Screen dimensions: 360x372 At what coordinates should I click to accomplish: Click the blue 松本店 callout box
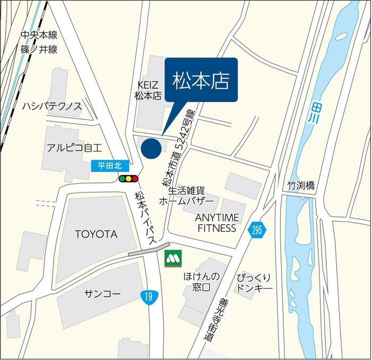[201, 79]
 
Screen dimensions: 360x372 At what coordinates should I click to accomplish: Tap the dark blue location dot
[151, 149]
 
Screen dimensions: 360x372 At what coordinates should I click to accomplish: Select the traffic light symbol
[129, 179]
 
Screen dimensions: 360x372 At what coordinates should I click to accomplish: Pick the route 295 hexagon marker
[257, 230]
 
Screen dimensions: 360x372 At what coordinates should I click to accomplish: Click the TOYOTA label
[96, 234]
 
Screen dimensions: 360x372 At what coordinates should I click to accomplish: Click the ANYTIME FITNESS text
[217, 223]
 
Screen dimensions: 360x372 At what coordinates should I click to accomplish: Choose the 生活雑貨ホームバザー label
[187, 196]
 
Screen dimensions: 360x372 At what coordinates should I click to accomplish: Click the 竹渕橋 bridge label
[302, 186]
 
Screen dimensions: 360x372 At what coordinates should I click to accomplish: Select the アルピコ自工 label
[74, 147]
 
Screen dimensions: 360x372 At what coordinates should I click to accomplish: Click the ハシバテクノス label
[52, 106]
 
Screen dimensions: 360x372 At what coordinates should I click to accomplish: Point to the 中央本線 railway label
[39, 35]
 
